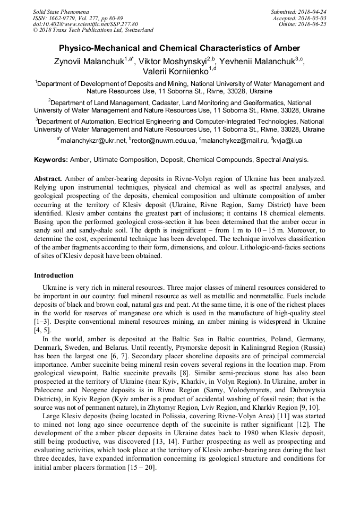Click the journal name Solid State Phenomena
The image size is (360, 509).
pos(61,11)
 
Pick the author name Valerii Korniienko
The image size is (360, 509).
pos(176,71)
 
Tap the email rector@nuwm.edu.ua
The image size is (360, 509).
pos(163,141)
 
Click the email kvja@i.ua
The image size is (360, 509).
pos(287,141)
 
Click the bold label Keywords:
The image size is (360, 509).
pos(51,159)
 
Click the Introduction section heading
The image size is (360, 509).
pos(54,275)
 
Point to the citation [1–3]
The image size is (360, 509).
pos(41,321)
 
